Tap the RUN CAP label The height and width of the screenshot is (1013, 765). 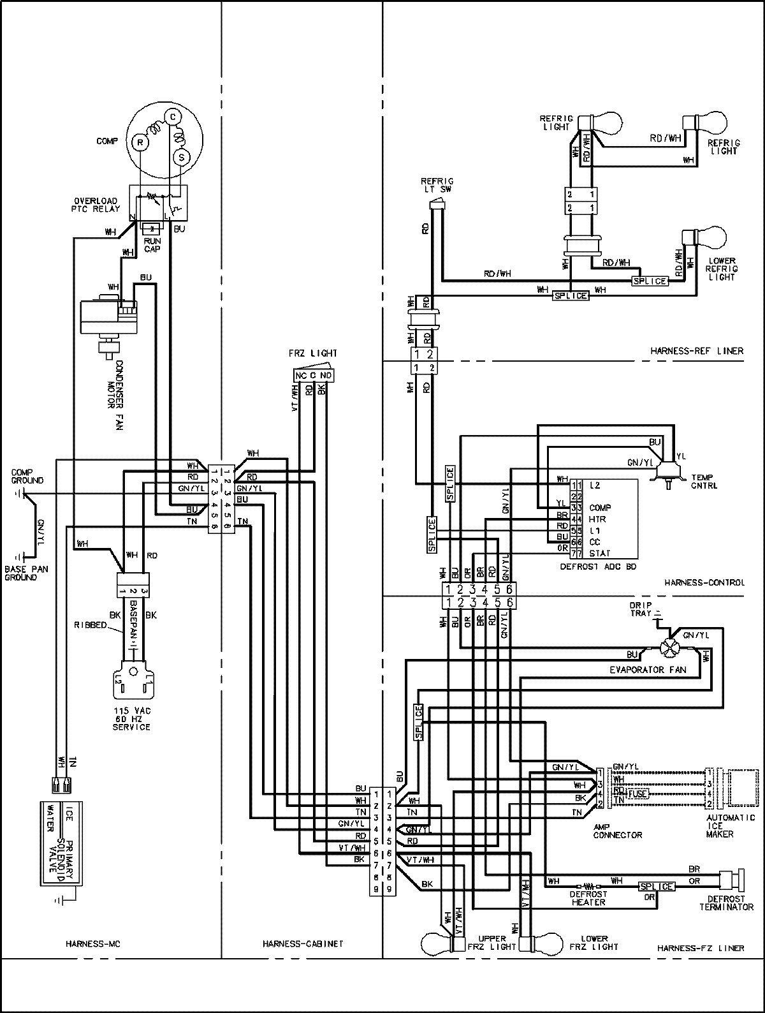152,245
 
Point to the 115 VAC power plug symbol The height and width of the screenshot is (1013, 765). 133,684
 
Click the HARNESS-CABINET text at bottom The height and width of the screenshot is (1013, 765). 303,943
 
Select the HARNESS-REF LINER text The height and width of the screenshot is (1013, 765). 696,351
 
